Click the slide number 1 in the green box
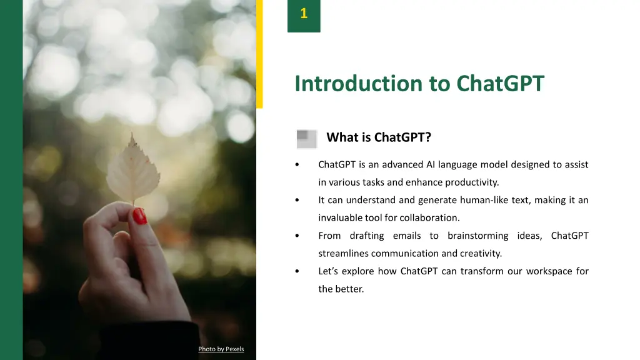coord(304,14)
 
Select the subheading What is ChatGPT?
coord(379,137)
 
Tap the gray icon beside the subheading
coord(307,139)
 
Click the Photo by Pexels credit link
coord(221,349)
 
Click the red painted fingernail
coord(139,216)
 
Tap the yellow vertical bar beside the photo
coord(259,54)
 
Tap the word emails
coord(407,236)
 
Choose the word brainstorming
coord(478,236)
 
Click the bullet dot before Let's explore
coord(297,271)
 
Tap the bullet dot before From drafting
coord(297,236)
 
